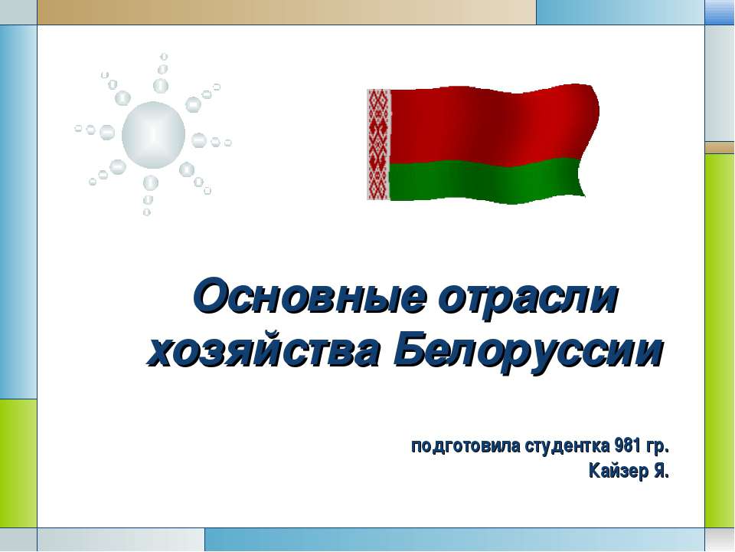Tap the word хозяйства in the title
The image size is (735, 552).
pos(263,350)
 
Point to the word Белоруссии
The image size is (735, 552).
pos(528,350)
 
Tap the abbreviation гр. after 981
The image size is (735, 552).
pos(657,445)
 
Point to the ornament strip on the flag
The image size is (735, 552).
pos(378,144)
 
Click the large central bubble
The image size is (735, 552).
pos(153,136)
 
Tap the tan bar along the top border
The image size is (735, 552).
pos(286,11)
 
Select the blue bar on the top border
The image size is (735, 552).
pos(619,11)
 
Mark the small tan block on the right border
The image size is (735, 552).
pos(720,146)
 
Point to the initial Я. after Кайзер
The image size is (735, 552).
pos(660,469)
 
